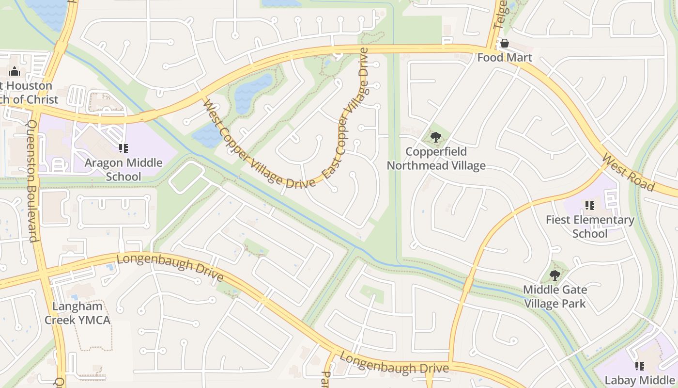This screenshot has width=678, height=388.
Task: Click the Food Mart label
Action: pyautogui.click(x=505, y=58)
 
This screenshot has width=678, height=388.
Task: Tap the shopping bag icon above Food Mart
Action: pyautogui.click(x=505, y=44)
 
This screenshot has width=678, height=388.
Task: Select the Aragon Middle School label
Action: pyautogui.click(x=123, y=169)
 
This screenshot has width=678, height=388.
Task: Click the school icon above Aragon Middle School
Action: pyautogui.click(x=123, y=148)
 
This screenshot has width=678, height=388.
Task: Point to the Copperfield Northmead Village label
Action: pyautogui.click(x=436, y=159)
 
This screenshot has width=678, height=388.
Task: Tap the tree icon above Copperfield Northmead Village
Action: pyautogui.click(x=436, y=137)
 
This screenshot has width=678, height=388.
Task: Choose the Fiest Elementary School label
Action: pyautogui.click(x=590, y=226)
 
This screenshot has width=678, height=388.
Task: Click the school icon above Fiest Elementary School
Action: pyautogui.click(x=590, y=206)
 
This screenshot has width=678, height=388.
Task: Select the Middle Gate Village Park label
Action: pyautogui.click(x=555, y=297)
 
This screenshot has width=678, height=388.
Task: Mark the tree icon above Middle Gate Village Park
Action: pyautogui.click(x=555, y=276)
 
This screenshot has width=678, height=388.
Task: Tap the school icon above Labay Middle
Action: pyautogui.click(x=639, y=366)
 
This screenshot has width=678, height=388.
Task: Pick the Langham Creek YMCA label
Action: pyautogui.click(x=77, y=313)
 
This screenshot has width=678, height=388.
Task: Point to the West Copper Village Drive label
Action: pyautogui.click(x=259, y=144)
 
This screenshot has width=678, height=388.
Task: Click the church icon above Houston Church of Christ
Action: pyautogui.click(x=15, y=71)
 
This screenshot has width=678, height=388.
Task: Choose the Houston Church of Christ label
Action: pyautogui.click(x=29, y=93)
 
